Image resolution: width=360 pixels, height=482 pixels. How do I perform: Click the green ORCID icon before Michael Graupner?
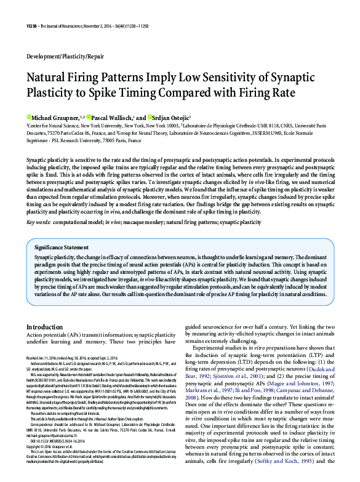(28, 116)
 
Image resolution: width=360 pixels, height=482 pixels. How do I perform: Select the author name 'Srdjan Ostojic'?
(171, 116)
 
